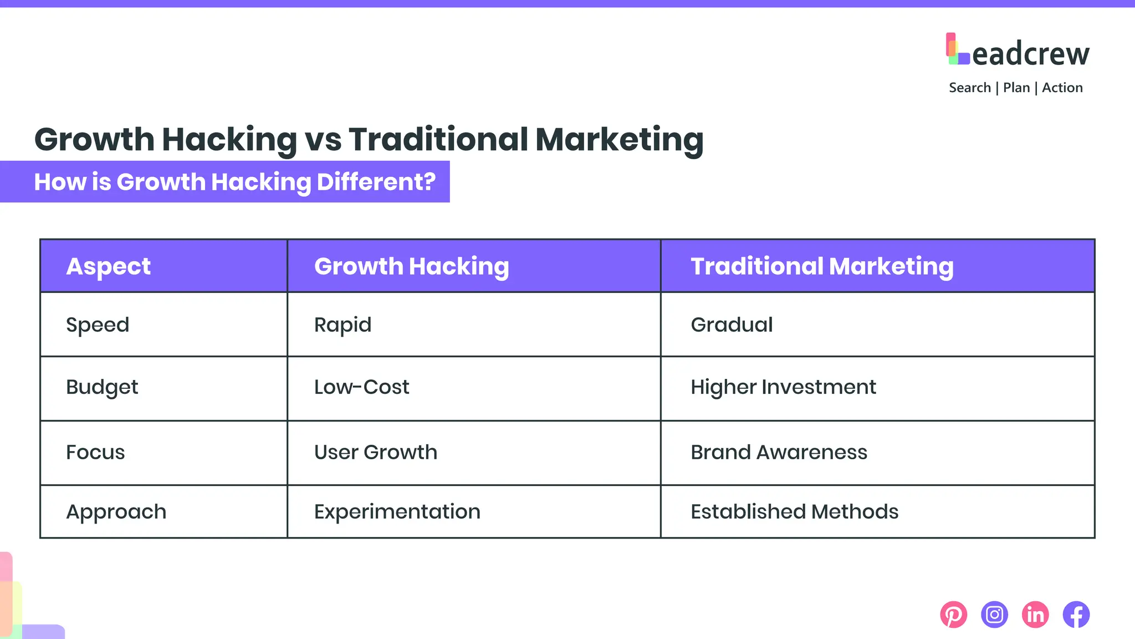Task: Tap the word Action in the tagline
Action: [x=1062, y=88]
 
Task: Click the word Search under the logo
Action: [x=969, y=88]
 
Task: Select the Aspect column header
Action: [x=108, y=267]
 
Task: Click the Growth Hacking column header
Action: [x=411, y=267]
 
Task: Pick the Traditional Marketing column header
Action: [x=822, y=267]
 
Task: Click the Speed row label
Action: [x=98, y=325]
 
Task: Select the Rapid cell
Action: [x=342, y=325]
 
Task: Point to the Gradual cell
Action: [x=732, y=325]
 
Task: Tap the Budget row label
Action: [x=102, y=388]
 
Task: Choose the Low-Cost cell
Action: [x=361, y=387]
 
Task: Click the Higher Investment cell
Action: [x=783, y=387]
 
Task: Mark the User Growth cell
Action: [x=375, y=453]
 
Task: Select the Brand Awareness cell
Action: [x=779, y=453]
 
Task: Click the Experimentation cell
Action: [x=397, y=512]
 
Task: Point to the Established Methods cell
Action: [x=794, y=512]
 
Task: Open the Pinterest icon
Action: [x=953, y=615]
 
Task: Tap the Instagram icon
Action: [x=994, y=615]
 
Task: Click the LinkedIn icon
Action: [x=1035, y=615]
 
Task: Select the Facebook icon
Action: [x=1076, y=615]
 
